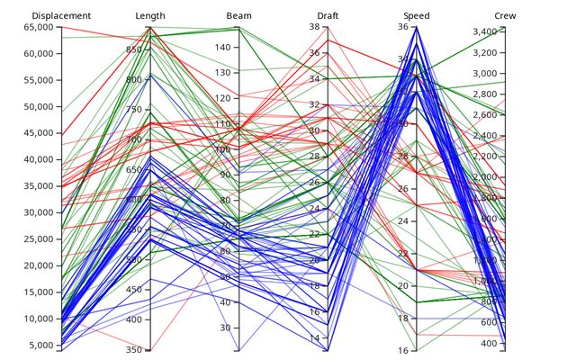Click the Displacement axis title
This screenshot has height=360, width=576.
(x=61, y=16)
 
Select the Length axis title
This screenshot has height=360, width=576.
(x=150, y=16)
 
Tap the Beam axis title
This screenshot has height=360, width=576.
(x=239, y=16)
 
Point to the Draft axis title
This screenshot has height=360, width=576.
(x=328, y=16)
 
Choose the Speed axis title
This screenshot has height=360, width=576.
(x=417, y=16)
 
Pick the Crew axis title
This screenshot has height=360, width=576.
(x=506, y=16)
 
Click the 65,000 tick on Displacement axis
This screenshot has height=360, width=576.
(x=44, y=28)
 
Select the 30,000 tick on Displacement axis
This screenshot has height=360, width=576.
(x=44, y=213)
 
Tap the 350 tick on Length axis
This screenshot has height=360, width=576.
(x=133, y=350)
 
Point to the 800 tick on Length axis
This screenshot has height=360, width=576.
(x=133, y=79)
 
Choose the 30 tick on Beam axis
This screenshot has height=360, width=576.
(x=224, y=328)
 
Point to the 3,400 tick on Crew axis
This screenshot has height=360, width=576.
(x=484, y=32)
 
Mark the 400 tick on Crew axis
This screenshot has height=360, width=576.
(x=488, y=344)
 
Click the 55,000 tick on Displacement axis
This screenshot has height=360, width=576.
(x=44, y=81)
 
